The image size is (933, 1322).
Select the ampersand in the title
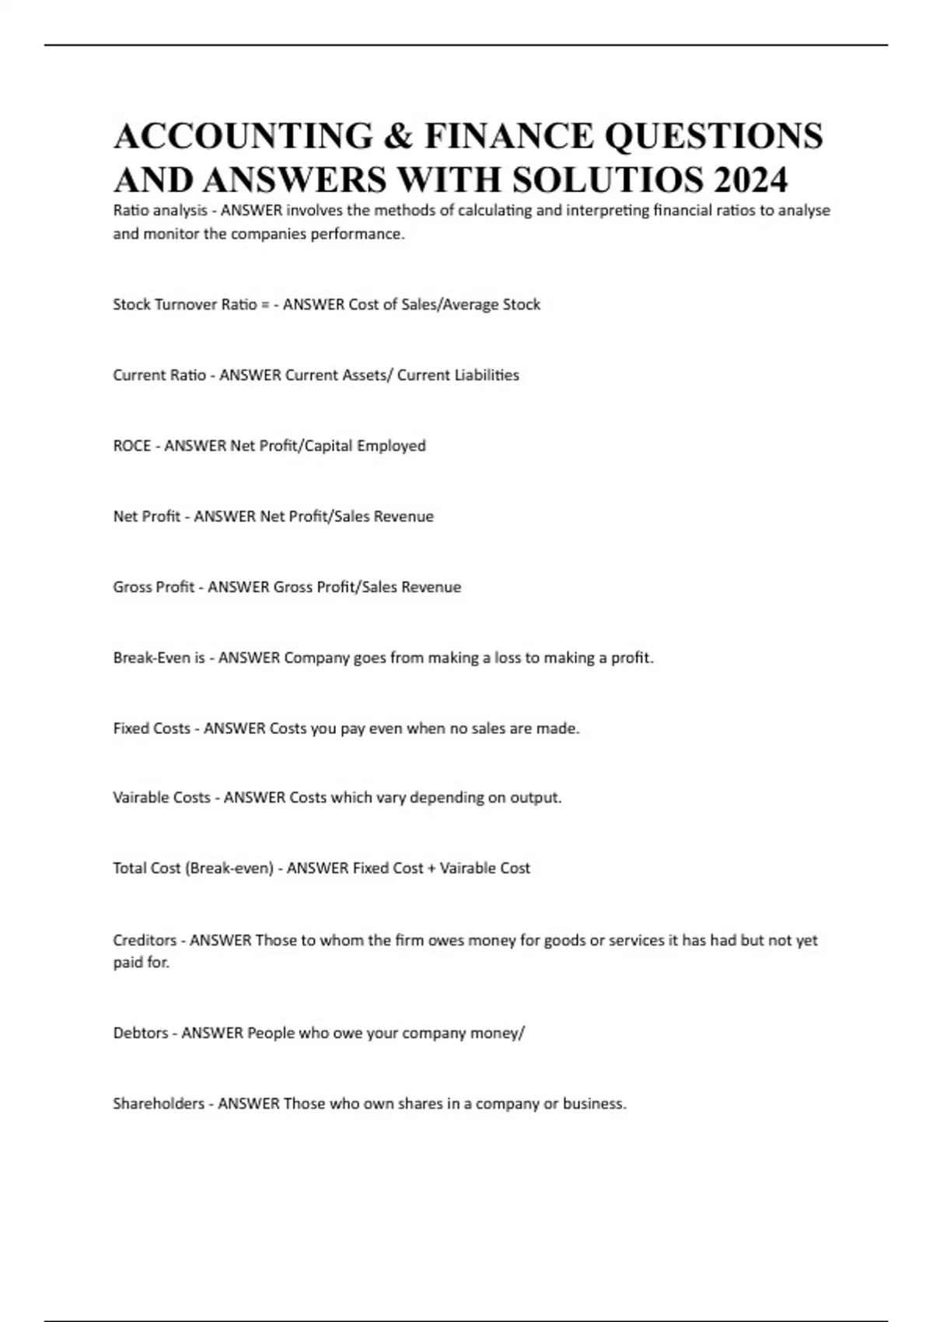point(397,136)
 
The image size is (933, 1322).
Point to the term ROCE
point(132,446)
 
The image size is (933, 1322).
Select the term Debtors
point(141,1033)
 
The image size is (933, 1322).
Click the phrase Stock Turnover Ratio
point(185,304)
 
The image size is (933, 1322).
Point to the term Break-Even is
point(159,658)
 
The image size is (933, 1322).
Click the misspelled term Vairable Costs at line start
point(162,798)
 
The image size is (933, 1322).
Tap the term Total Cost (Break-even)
point(193,868)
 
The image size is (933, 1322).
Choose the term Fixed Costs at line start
point(152,729)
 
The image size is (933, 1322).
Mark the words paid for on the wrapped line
point(141,963)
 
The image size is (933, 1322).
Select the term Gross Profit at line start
point(153,587)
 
